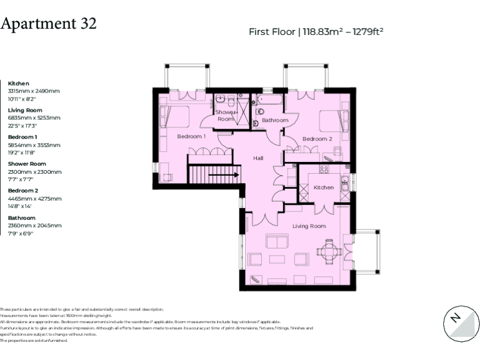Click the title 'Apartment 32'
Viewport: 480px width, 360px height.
tap(49, 24)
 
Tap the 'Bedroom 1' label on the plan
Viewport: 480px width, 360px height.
tap(191, 136)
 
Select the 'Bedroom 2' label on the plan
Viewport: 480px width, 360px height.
tap(317, 139)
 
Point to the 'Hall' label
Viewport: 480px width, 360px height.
tap(258, 158)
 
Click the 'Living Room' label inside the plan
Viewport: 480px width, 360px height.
tap(309, 226)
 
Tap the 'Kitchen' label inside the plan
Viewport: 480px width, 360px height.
tap(323, 187)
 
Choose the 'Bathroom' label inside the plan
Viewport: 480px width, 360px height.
tap(275, 120)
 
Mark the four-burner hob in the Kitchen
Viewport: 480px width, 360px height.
tap(324, 169)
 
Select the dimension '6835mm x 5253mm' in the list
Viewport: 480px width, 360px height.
tap(34, 117)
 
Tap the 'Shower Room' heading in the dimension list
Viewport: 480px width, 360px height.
tap(27, 164)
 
